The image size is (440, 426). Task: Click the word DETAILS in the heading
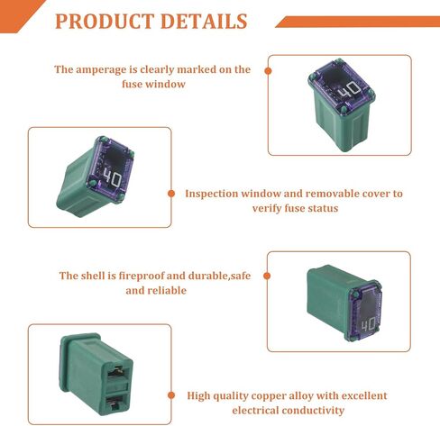[x=204, y=22]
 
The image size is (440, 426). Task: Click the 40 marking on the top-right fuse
[x=349, y=90]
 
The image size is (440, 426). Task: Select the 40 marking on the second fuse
[x=113, y=179]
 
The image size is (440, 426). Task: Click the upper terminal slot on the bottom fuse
[x=120, y=372]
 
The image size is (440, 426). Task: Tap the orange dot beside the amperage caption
[x=268, y=71]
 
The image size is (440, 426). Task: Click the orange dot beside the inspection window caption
[x=171, y=194]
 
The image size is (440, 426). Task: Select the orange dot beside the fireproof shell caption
[x=267, y=276]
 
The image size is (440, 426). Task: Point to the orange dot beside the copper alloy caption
[x=171, y=395]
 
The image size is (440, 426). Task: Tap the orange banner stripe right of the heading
[x=358, y=22]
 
